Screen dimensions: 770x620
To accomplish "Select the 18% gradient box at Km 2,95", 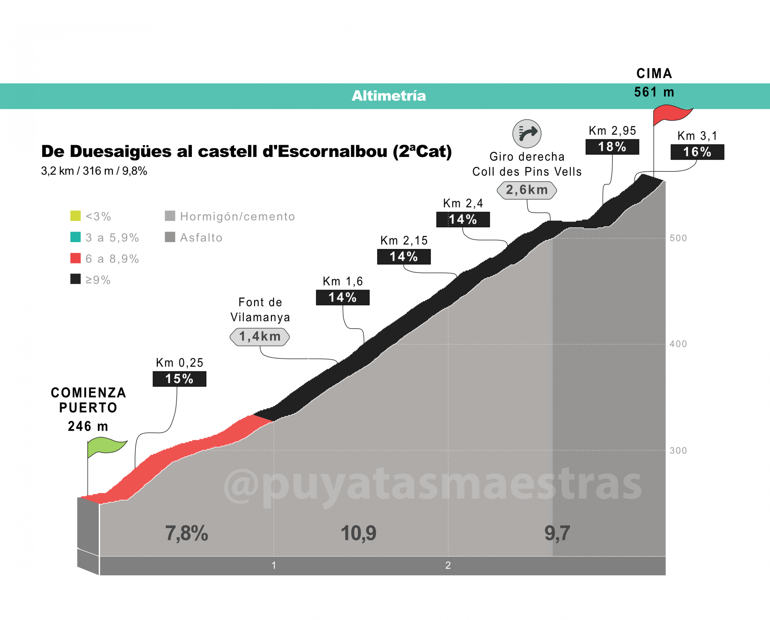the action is point(612,147).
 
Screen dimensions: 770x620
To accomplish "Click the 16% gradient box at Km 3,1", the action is point(697,152).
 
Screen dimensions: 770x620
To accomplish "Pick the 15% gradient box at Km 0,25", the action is point(179,379).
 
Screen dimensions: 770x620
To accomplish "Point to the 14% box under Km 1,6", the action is point(343,297).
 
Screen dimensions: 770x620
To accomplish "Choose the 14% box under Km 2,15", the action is point(404,256).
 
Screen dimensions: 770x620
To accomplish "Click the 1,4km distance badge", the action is point(260,336).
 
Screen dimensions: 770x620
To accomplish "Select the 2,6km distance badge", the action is point(527,190).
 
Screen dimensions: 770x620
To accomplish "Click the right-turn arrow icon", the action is point(527,133).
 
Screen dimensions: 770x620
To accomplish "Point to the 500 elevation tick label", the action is point(678,238).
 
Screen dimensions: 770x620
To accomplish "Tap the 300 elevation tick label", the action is point(678,450).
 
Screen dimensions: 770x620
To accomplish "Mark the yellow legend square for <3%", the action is point(75,216).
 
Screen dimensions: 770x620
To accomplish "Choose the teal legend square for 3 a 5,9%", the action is point(75,237).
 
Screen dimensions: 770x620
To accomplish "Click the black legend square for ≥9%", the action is point(75,279).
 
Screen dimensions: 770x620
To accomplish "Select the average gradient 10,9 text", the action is point(358,533).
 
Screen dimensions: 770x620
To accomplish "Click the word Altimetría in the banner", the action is point(389,96).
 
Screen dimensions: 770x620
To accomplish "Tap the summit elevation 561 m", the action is point(654,92).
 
